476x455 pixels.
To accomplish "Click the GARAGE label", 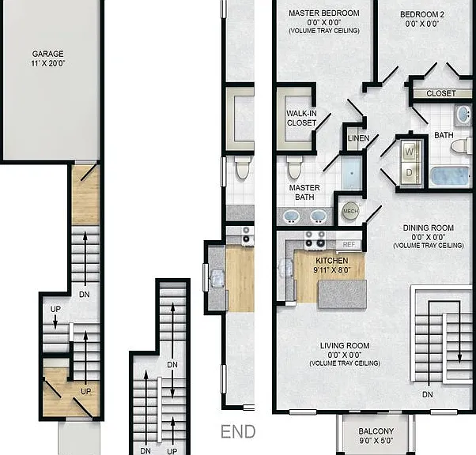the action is click(48, 54).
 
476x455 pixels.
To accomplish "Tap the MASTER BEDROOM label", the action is click(324, 13).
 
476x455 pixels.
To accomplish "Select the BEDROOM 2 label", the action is click(422, 14).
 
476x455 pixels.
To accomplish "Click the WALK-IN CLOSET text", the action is click(301, 118).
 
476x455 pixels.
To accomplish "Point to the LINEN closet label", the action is click(358, 138).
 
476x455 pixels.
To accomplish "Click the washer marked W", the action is click(410, 151).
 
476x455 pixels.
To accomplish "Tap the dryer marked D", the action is click(410, 172).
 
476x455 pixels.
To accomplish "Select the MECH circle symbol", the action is click(350, 211).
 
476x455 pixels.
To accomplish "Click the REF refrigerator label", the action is click(349, 245).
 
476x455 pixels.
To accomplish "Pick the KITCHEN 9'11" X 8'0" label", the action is click(332, 265).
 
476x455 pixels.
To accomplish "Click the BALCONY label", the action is click(376, 431).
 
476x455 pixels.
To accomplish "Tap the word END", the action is click(238, 431).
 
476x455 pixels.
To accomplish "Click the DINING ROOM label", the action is click(429, 227).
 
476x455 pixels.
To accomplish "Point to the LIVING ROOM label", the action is click(345, 345).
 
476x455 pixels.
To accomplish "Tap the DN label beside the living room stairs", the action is click(428, 394).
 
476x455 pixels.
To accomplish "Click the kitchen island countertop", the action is click(342, 295).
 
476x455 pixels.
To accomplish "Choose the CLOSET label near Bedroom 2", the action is click(440, 93).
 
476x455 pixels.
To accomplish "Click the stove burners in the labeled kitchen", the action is click(315, 239).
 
